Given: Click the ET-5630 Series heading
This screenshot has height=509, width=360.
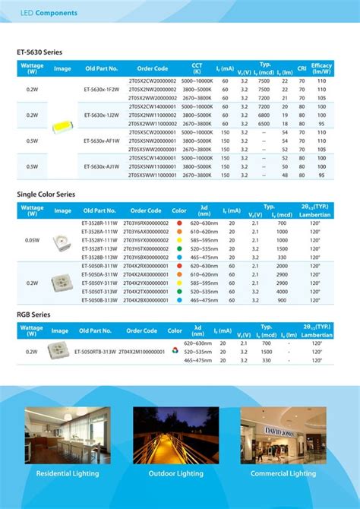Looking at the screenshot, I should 39,52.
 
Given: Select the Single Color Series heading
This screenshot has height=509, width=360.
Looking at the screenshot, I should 46,194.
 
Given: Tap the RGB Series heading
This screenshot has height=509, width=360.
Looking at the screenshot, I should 33,314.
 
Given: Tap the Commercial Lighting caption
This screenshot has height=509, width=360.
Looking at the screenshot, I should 283,473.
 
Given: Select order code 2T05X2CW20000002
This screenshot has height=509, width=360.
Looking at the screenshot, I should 152,81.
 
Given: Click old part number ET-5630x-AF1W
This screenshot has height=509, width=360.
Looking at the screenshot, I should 101,141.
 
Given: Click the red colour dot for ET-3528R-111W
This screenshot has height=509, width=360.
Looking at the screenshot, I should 178,223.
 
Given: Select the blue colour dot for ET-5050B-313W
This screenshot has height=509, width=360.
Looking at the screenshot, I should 178,300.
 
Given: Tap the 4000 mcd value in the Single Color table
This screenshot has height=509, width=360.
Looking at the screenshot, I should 282,292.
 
